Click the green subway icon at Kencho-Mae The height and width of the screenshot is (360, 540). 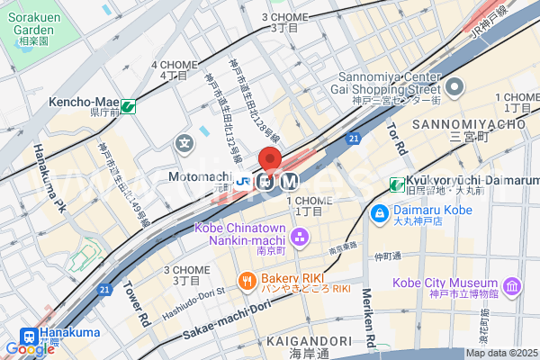pos(128,106)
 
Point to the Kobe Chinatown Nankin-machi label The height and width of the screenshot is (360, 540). pos(241,234)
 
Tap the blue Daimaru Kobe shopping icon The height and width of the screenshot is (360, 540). pos(378,214)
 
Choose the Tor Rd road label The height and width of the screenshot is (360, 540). pos(397,136)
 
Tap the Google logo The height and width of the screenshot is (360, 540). pos(18,349)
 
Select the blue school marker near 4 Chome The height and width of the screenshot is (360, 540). pos(184,142)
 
